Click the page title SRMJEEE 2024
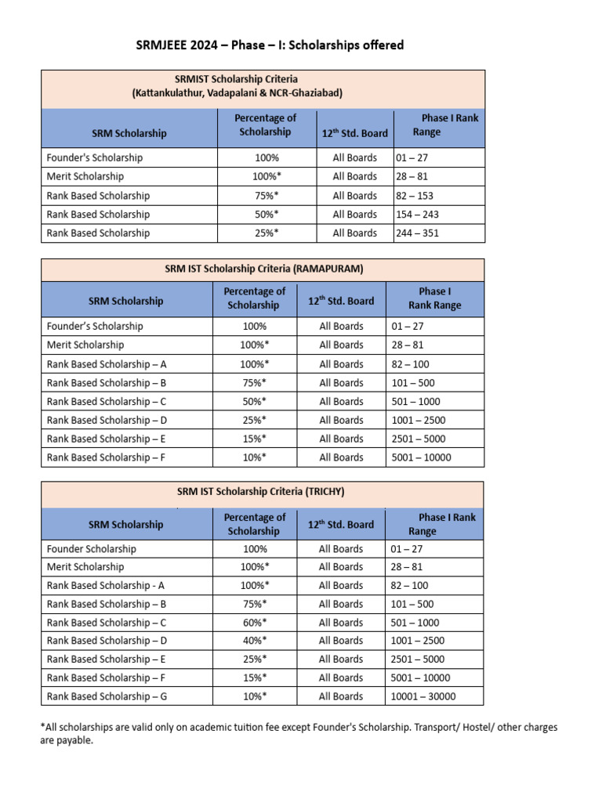(270, 45)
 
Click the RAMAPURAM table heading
(263, 269)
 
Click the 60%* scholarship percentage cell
(254, 623)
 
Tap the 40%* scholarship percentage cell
(254, 641)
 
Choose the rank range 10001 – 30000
(423, 696)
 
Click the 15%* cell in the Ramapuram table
(254, 439)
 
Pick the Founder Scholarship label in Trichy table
(92, 549)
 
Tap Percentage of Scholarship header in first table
(265, 125)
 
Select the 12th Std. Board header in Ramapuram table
(341, 301)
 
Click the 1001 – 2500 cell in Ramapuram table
(419, 421)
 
